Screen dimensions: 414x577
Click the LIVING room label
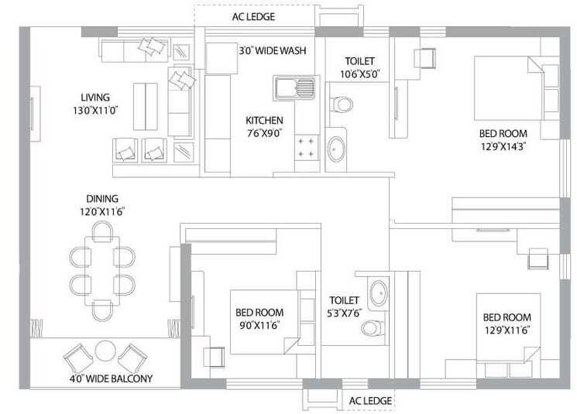pos(95,98)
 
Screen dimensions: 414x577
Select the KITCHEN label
pos(264,121)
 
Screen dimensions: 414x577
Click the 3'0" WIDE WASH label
pos(271,50)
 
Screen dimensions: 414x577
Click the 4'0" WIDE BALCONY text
pos(110,378)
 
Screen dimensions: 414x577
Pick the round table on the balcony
pos(105,352)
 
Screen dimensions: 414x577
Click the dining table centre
pos(102,270)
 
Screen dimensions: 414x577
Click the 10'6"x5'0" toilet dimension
pos(360,74)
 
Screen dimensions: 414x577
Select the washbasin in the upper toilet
pos(337,149)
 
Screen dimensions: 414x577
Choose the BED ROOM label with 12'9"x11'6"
pos(507,317)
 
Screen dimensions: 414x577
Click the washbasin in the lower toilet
pos(377,293)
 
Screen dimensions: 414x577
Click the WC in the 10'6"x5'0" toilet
pos(341,104)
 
